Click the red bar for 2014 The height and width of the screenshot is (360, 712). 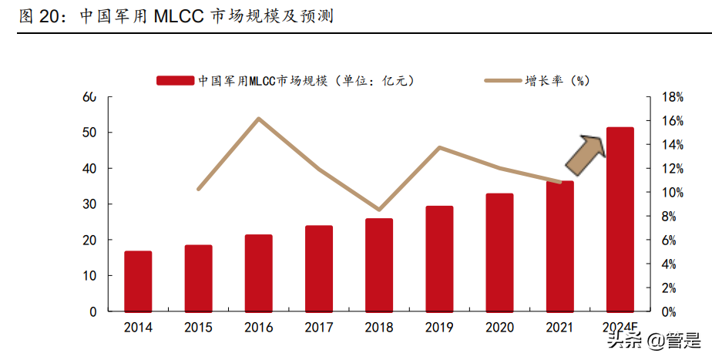138,281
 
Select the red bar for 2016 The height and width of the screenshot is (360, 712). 258,273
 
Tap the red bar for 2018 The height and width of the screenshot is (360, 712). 378,265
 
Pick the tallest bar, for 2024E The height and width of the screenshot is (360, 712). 620,220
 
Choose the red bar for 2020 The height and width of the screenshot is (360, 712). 499,252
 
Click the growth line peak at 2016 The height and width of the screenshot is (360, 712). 258,119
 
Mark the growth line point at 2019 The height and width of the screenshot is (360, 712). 439,147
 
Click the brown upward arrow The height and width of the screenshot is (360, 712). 586,153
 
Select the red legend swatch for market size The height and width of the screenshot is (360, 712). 175,80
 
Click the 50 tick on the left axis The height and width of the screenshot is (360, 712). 90,133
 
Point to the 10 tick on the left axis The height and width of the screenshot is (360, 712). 90,276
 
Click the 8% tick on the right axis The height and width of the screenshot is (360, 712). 670,217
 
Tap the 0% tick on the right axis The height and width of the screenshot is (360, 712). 670,312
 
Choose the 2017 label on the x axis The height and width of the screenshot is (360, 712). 318,328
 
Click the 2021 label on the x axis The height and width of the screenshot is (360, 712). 559,328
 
